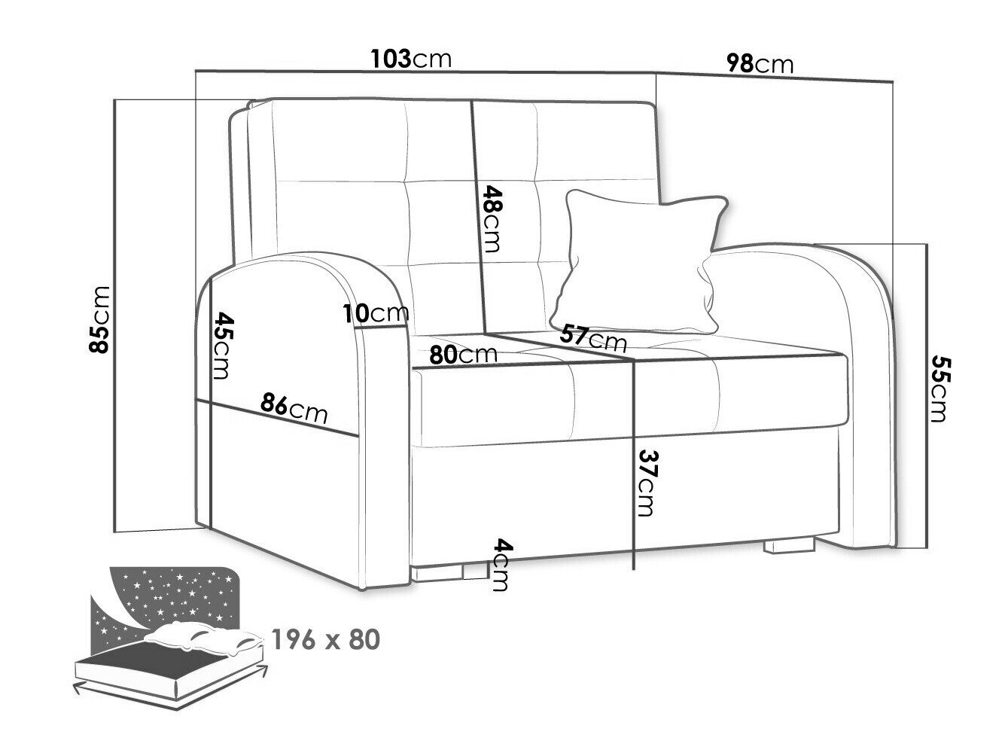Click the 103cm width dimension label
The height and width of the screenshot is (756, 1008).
click(411, 59)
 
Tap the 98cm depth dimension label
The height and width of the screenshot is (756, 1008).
click(760, 64)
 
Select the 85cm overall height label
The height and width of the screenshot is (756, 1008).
click(99, 320)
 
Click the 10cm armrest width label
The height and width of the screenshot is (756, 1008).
click(376, 314)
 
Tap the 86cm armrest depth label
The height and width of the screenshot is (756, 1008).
click(294, 408)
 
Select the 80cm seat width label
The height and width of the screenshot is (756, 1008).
click(464, 355)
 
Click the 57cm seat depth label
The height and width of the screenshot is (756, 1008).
click(593, 338)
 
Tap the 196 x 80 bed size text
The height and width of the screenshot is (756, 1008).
click(326, 640)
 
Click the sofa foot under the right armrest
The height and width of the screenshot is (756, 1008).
click(789, 546)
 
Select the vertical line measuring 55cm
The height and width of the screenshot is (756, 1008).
click(927, 396)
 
